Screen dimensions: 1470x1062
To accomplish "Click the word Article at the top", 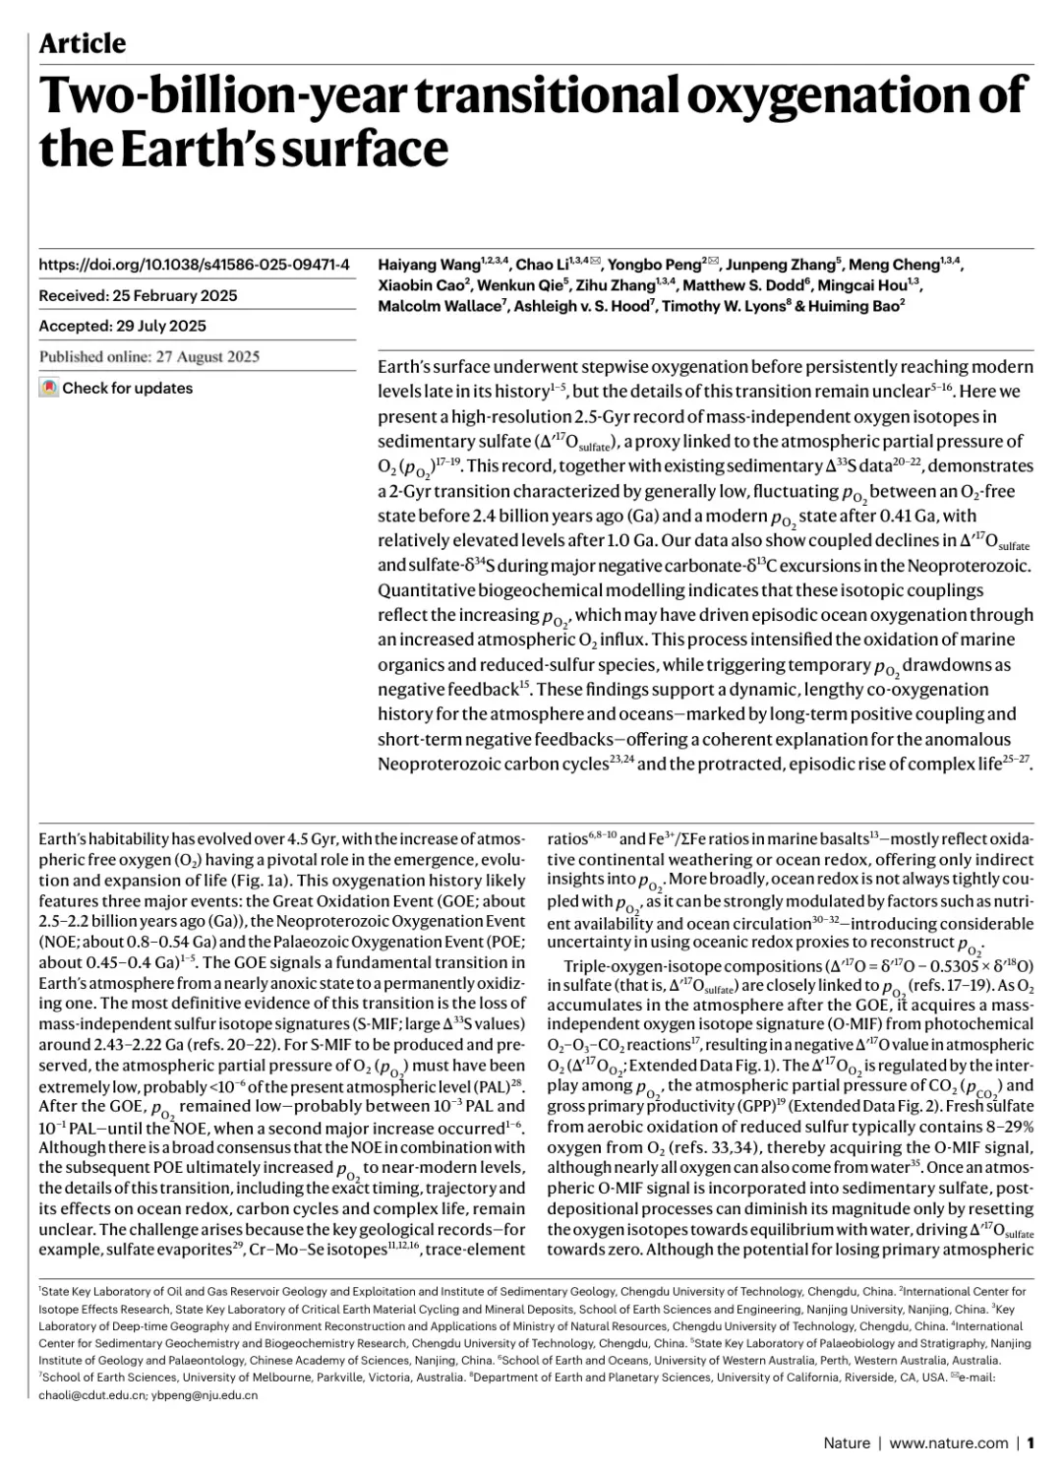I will [x=83, y=43].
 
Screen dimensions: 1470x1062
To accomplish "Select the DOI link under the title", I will [x=194, y=265].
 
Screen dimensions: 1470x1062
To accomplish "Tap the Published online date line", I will [x=149, y=356].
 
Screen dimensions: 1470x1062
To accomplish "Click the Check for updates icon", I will [x=49, y=388].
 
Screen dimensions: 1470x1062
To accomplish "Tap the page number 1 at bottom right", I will [x=1031, y=1442].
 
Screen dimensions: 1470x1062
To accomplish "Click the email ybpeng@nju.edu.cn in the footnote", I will [x=204, y=1394].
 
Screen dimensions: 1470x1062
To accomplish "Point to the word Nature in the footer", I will [x=847, y=1442].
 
